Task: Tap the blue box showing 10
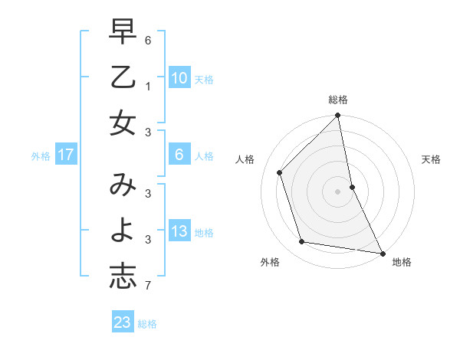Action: [x=179, y=77]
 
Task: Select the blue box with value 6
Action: [x=179, y=155]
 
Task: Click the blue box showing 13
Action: [x=179, y=231]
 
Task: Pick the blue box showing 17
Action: [x=65, y=155]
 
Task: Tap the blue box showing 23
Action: [x=123, y=322]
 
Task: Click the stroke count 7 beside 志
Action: [x=148, y=286]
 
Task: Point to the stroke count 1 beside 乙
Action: [x=148, y=87]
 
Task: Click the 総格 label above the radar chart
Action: [x=338, y=100]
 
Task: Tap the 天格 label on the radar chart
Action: [x=431, y=159]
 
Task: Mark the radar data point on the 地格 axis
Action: [x=382, y=253]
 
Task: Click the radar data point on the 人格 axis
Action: [x=280, y=172]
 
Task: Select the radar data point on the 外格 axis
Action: [x=302, y=242]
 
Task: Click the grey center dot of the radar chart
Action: [x=338, y=191]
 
